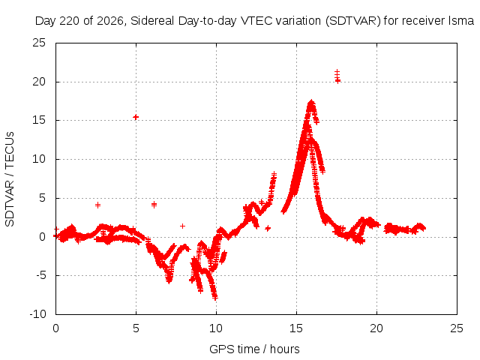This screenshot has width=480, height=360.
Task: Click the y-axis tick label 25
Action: pyautogui.click(x=39, y=43)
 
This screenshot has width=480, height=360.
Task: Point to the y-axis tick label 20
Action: pyautogui.click(x=39, y=82)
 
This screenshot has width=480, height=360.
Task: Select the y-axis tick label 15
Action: pyautogui.click(x=39, y=120)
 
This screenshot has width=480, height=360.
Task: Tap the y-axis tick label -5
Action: pyautogui.click(x=40, y=275)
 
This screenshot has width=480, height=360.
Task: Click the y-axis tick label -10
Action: pyautogui.click(x=37, y=314)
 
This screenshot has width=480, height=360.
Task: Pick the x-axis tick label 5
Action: pyautogui.click(x=136, y=328)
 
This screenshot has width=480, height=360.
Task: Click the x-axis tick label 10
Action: pyautogui.click(x=216, y=328)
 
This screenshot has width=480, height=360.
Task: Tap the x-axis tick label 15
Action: pyautogui.click(x=296, y=328)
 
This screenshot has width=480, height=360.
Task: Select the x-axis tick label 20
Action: pyautogui.click(x=376, y=328)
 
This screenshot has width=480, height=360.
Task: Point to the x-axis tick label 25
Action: pyautogui.click(x=457, y=328)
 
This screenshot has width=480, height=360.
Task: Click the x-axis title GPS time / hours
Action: pyautogui.click(x=254, y=349)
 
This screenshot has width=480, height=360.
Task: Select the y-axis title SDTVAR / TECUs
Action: pyautogui.click(x=10, y=179)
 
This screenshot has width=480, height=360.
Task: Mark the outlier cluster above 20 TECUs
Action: pyautogui.click(x=337, y=76)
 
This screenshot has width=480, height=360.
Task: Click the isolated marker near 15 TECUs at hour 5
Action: pyautogui.click(x=136, y=117)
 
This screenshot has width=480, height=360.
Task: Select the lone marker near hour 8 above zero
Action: pyautogui.click(x=182, y=226)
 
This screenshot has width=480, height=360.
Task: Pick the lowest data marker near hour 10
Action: pyautogui.click(x=215, y=297)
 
